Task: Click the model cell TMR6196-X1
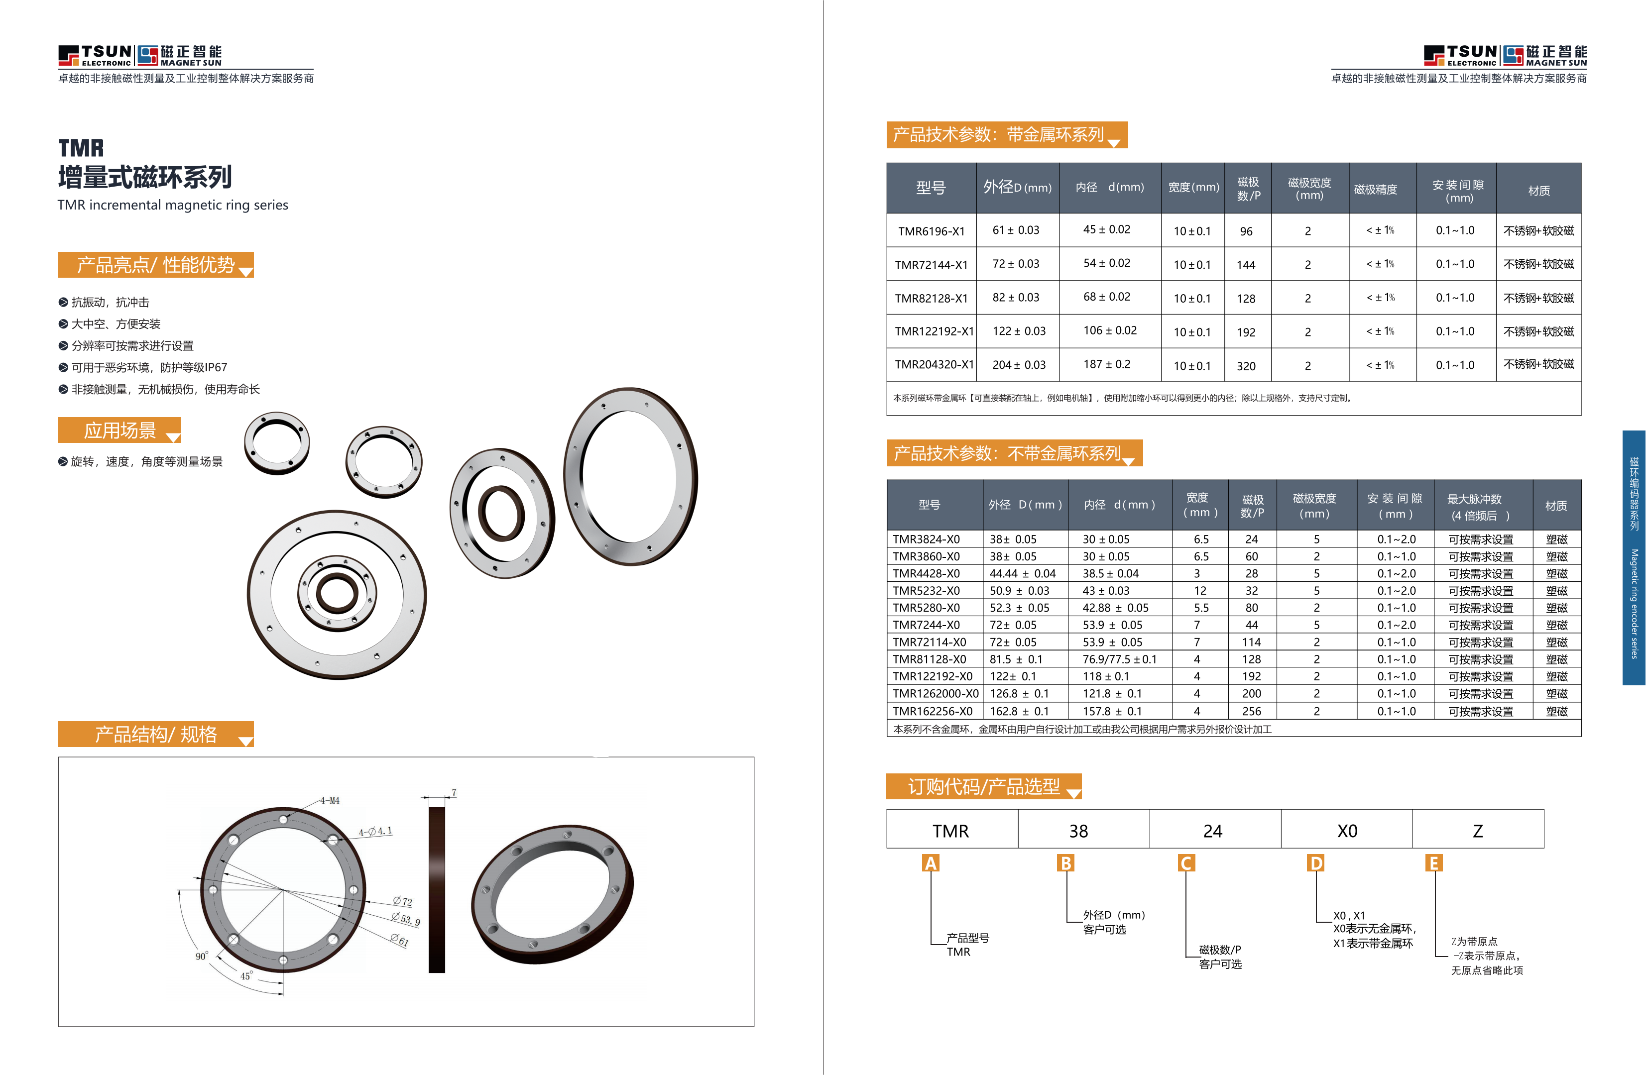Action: [931, 231]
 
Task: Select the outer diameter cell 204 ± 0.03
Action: [1019, 365]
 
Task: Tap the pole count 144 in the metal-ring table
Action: [1246, 265]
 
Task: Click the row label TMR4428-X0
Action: [926, 574]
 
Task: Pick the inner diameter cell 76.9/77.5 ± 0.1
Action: [1119, 659]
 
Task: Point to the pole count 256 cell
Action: [1251, 711]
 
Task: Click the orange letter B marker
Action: [1066, 863]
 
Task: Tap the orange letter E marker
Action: [1434, 863]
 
